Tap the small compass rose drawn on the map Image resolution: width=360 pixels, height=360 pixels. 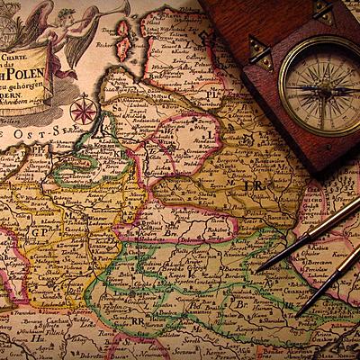pyautogui.click(x=84, y=111)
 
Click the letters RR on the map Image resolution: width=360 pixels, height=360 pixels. pyautogui.click(x=138, y=319)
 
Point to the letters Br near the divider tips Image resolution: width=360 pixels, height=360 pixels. pyautogui.click(x=241, y=303)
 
